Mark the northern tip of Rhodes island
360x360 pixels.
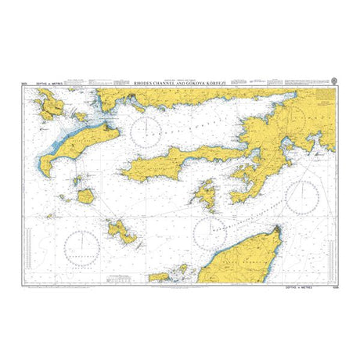[x=278, y=227]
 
